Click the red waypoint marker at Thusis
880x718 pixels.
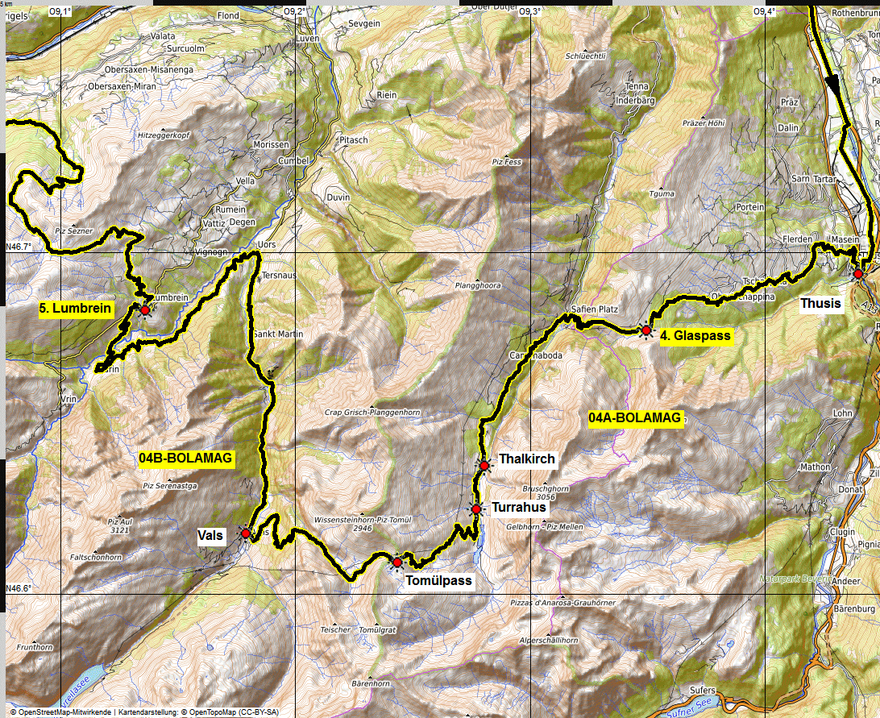858,274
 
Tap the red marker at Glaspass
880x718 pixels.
645,330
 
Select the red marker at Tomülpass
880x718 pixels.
396,562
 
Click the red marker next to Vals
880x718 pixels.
245,533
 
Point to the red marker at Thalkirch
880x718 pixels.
484,465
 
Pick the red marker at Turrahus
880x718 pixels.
475,508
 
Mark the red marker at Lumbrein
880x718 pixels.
145,309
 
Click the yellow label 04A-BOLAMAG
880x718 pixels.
636,418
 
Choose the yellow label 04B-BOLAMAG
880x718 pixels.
185,459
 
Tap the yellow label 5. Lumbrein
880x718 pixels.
76,308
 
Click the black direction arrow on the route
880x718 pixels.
832,84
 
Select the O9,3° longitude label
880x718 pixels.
529,11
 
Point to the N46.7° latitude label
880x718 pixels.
19,247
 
